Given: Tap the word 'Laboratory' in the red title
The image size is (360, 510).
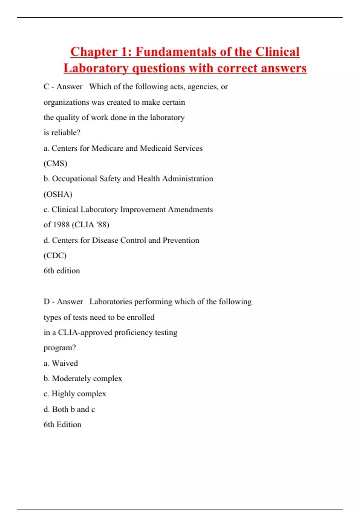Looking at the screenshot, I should click(x=96, y=68).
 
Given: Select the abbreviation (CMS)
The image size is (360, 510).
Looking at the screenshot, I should click(x=55, y=163).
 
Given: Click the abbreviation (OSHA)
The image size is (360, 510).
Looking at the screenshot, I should click(x=58, y=194).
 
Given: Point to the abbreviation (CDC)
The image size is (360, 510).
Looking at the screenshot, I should click(x=55, y=256).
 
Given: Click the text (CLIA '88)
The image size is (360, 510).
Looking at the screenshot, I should click(x=91, y=225).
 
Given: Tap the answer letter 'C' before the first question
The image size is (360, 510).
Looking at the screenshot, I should click(x=46, y=87).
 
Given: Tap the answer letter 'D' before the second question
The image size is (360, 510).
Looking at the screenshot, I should click(x=46, y=301).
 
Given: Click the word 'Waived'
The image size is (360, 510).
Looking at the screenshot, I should click(x=65, y=363).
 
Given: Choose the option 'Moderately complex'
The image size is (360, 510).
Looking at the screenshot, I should click(x=87, y=379).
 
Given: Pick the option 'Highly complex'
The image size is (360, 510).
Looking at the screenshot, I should click(x=79, y=394).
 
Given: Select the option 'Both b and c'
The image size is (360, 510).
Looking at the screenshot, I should click(x=73, y=409).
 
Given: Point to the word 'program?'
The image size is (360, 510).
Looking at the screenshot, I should click(x=60, y=348).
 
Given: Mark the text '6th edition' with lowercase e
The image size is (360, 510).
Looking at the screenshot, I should click(x=62, y=271).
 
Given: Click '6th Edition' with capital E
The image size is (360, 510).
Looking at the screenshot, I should click(x=62, y=425).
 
